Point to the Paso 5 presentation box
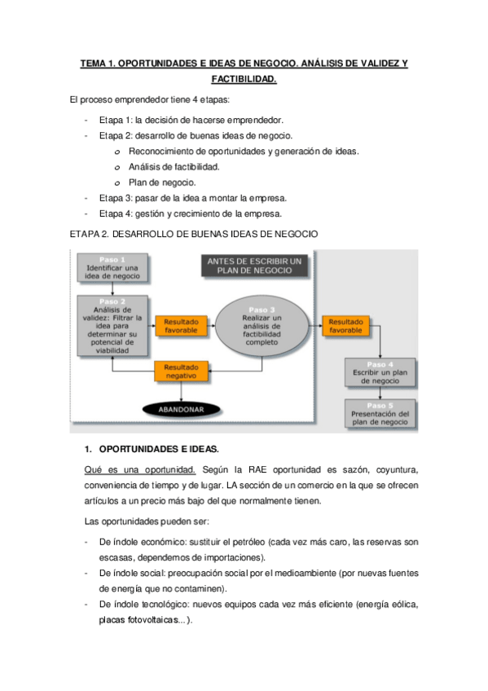point(380,415)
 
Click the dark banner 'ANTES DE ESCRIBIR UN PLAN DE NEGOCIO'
point(254,266)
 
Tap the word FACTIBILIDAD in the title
point(244,80)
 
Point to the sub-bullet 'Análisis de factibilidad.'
point(174,166)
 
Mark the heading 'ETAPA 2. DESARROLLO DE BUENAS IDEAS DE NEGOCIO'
point(194,235)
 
